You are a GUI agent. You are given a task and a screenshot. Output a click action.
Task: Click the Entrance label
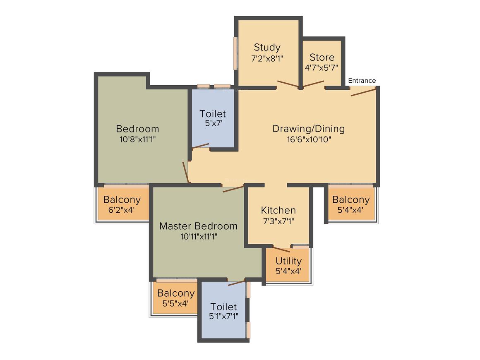coord(362,81)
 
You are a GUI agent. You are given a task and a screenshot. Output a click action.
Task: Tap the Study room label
coord(267,48)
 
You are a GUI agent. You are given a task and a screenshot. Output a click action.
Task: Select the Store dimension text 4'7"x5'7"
coord(322,67)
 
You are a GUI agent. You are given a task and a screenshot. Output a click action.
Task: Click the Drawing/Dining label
coord(309,129)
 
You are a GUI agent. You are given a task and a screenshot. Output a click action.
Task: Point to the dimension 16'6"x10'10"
coord(309,139)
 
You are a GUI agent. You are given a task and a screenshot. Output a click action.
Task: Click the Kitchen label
coord(278,210)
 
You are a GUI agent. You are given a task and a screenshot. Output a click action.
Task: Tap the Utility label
coord(288,261)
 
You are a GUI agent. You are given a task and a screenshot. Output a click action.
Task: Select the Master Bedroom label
coord(198,226)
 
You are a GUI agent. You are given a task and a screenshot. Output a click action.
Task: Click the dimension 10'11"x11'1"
coord(199,237)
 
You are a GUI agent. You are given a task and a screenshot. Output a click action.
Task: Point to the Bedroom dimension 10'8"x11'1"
coord(137,139)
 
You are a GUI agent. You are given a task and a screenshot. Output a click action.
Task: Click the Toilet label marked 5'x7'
coord(213,114)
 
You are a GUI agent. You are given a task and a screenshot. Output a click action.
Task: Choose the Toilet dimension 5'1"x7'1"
coord(223,316)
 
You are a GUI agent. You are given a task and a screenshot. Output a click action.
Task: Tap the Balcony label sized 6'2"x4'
coord(122,199)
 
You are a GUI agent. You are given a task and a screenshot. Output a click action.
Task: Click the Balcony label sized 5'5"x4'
coord(176,293)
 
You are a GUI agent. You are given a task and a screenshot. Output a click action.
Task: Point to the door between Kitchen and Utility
coord(281,249)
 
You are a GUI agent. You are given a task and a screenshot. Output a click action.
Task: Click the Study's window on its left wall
coord(236,53)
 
